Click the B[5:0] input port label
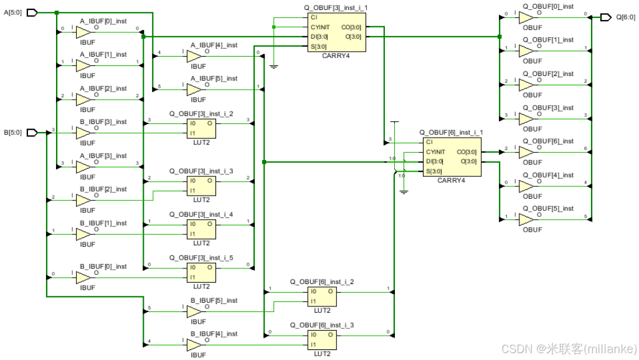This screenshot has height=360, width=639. [x=14, y=132]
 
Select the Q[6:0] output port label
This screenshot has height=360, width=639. [x=625, y=17]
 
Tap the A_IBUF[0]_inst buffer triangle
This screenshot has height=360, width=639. [x=83, y=31]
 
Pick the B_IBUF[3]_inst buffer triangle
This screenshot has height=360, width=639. [x=83, y=133]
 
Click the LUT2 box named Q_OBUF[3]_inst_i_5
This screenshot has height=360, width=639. [x=201, y=272]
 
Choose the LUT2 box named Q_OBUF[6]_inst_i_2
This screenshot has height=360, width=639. [x=322, y=296]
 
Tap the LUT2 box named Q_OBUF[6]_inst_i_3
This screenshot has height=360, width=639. [x=322, y=339]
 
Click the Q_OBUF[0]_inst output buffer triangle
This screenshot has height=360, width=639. [x=527, y=17]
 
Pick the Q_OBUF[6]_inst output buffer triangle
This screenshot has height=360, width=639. [x=527, y=152]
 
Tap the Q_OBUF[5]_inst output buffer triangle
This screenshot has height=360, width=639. [x=527, y=220]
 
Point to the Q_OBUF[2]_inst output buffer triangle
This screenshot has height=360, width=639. [x=527, y=85]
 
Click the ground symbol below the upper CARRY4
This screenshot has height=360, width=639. [x=273, y=65]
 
